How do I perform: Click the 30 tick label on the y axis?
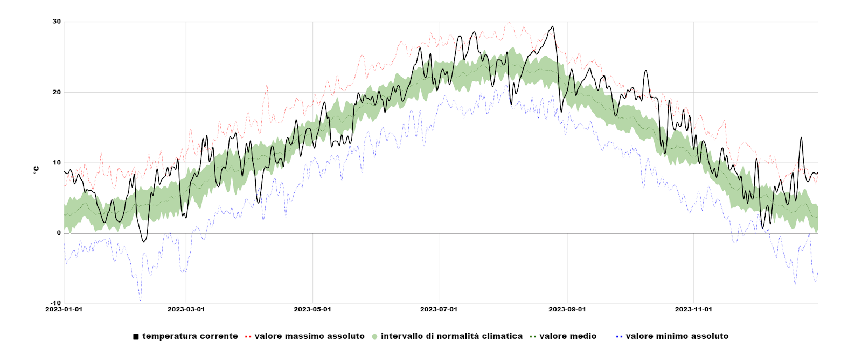[57, 22]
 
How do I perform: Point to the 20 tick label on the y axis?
[57, 92]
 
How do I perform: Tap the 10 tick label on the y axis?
[57, 163]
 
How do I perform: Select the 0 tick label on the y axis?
[59, 233]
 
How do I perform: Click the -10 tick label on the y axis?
[55, 303]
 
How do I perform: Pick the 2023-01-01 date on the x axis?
[64, 309]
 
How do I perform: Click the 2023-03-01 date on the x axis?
[186, 309]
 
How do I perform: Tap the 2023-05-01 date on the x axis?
[312, 309]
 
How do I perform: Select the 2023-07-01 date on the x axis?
[439, 309]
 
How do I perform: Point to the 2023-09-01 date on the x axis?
[567, 309]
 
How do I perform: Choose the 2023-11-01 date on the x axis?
[693, 309]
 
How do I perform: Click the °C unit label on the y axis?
[36, 170]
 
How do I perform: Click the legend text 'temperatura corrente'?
[190, 336]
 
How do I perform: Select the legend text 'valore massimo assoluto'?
[309, 336]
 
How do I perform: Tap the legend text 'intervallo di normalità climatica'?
[451, 336]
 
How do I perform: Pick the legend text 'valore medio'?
[568, 336]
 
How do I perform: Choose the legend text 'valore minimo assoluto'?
[677, 336]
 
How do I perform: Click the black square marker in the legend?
[136, 337]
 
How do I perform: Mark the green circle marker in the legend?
[374, 337]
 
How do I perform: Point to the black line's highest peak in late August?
[552, 26]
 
